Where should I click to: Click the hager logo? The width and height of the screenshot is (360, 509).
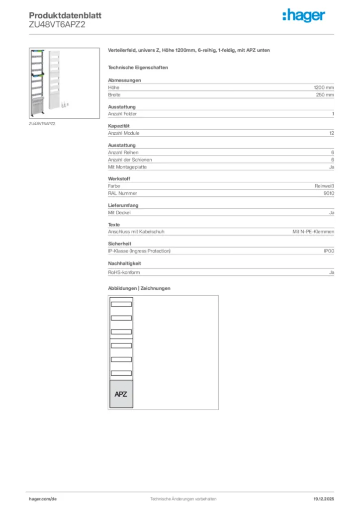[x=303, y=16]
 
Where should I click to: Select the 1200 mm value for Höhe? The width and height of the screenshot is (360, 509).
[x=324, y=87]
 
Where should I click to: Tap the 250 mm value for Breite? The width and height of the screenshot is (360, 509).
[x=325, y=94]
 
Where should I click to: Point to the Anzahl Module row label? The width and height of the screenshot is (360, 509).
[x=124, y=133]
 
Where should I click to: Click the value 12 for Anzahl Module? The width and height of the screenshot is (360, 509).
[x=331, y=133]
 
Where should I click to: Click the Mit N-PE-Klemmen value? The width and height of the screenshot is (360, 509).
[x=313, y=232]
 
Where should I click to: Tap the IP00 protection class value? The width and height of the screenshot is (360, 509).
[x=329, y=251]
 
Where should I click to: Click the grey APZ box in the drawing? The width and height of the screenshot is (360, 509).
[x=121, y=394]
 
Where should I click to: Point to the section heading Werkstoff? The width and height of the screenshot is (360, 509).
[x=119, y=179]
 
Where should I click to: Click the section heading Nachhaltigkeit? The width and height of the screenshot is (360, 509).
[x=125, y=263]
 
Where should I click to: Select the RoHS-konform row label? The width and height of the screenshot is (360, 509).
[x=124, y=272]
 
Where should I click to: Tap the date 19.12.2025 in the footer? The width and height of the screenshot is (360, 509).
[x=324, y=499]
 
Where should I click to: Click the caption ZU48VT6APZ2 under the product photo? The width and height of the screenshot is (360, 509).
[x=42, y=123]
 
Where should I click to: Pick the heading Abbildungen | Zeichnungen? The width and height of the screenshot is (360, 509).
[x=139, y=288]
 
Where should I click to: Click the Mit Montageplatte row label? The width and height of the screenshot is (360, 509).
[x=127, y=167]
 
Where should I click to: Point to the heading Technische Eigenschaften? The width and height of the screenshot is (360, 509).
[x=138, y=67]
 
